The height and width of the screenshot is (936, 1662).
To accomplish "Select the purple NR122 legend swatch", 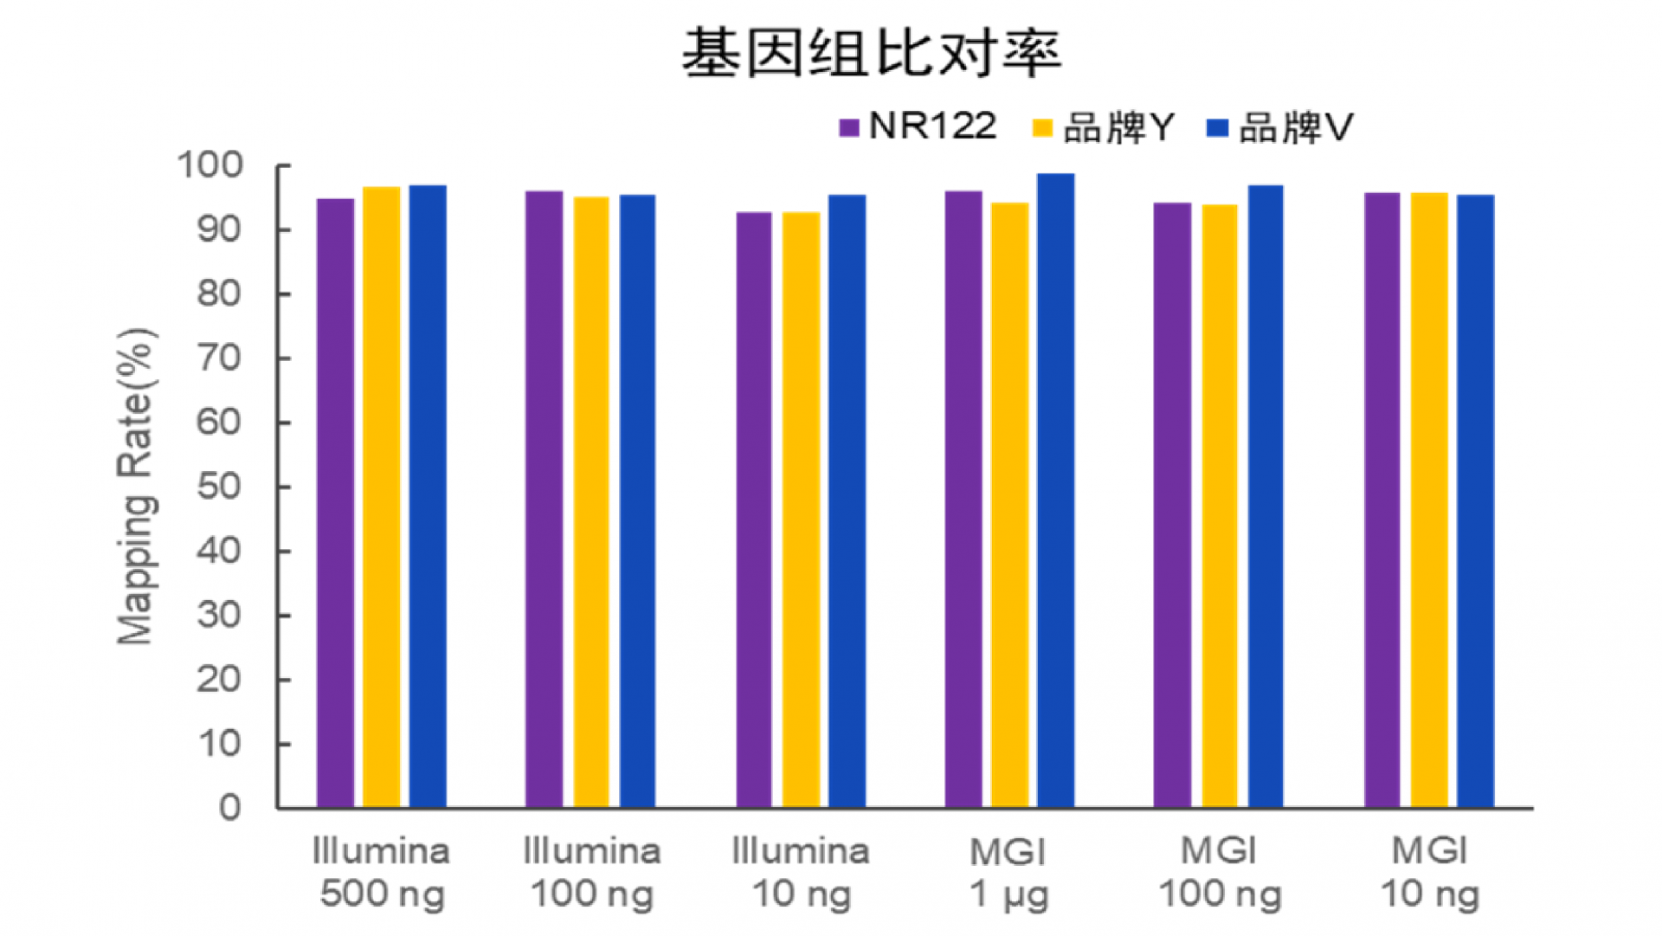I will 848,128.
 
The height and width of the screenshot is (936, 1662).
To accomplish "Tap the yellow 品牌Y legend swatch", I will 1042,128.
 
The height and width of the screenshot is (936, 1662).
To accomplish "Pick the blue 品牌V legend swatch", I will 1217,128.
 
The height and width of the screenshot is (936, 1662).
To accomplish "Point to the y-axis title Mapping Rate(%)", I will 136,487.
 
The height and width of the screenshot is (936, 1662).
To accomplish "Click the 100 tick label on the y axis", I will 210,165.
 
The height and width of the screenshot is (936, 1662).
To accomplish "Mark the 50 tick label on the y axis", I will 218,487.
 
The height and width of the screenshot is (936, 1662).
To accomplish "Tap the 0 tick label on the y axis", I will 229,808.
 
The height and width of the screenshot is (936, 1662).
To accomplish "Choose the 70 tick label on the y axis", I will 218,358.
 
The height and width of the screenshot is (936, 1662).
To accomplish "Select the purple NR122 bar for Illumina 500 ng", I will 335,503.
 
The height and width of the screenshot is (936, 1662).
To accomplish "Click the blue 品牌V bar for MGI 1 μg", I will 1055,491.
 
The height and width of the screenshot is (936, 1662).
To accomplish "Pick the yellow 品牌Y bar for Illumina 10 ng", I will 801,510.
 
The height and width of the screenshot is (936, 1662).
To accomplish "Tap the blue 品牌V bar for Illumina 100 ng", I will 637,501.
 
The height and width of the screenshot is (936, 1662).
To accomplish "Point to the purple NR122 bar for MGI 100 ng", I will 1172,506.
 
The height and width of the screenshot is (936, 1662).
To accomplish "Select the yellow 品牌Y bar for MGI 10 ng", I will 1428,500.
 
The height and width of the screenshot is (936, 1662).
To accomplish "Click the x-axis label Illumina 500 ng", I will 382,873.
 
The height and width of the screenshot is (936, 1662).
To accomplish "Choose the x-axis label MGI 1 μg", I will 1008,873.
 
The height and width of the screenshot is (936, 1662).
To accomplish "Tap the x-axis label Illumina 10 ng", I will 801,873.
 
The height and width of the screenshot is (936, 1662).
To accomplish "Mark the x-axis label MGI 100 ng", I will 1220,873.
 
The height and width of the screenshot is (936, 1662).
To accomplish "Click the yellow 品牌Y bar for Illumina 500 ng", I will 381,498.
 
